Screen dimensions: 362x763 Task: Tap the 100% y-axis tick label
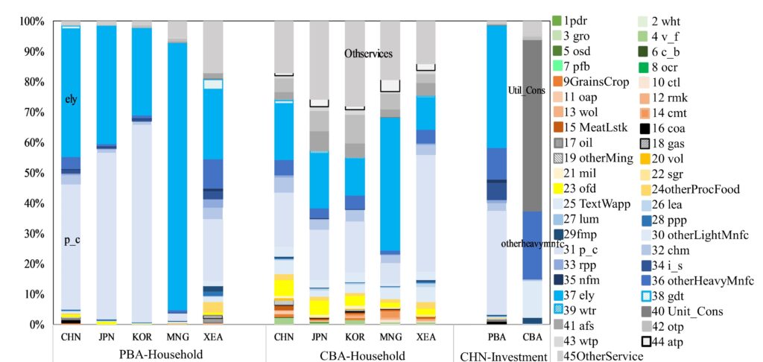[31, 21]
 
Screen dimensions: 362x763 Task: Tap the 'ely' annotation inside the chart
[71, 99]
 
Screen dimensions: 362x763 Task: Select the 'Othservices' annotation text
[368, 54]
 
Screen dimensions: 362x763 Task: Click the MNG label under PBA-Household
[177, 337]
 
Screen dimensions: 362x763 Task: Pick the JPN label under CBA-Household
[320, 337]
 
